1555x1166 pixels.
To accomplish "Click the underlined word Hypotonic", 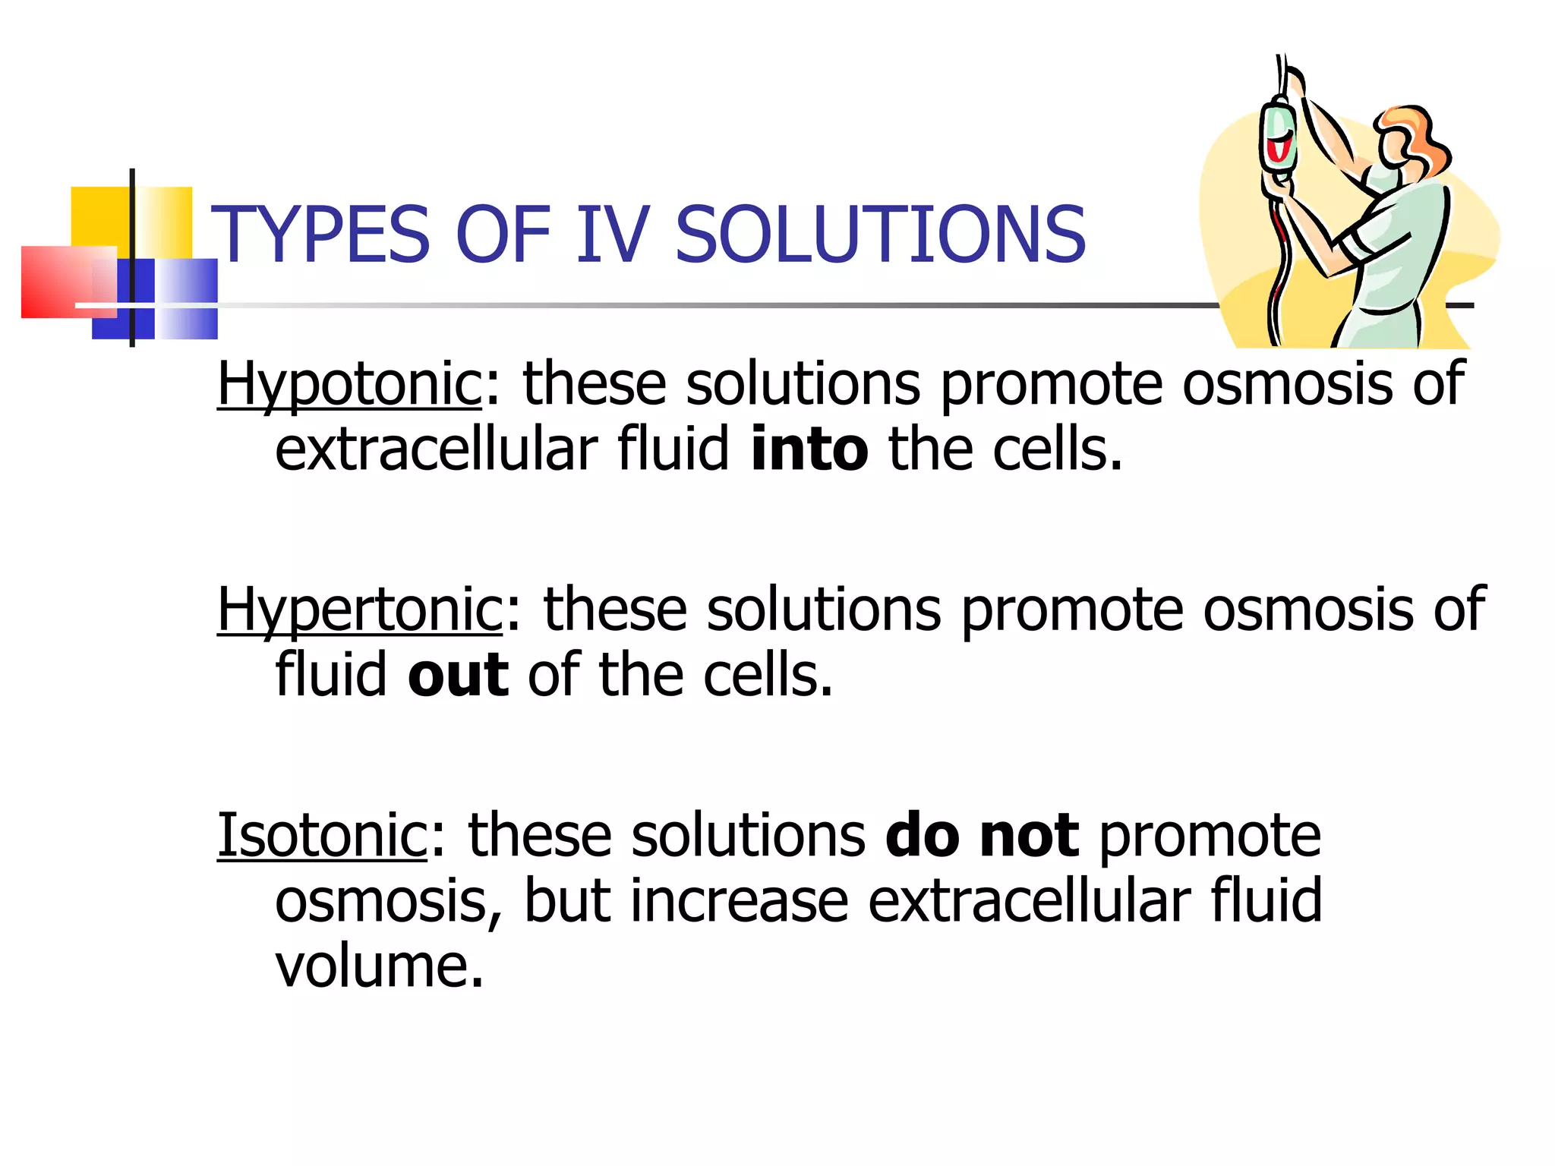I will (349, 384).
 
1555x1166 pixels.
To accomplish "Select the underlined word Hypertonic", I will (360, 610).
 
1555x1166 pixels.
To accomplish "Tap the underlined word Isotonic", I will (323, 836).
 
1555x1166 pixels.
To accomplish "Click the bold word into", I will (809, 449).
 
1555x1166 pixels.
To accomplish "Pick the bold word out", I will (458, 675).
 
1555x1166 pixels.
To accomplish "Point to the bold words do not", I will (982, 836).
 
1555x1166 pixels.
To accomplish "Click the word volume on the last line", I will (379, 967).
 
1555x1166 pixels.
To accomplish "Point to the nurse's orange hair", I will (1414, 137).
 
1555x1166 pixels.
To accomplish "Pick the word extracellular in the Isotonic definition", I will (1029, 901).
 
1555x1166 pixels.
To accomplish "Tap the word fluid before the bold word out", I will (331, 675).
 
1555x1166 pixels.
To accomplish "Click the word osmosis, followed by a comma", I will (387, 901).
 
